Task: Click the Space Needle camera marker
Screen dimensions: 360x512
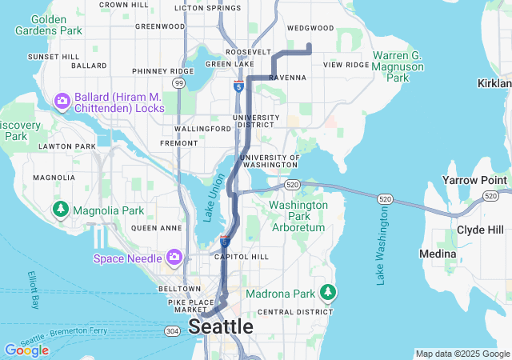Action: coord(174,257)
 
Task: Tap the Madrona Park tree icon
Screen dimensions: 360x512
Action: coord(326,292)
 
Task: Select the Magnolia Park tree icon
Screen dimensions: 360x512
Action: coord(60,210)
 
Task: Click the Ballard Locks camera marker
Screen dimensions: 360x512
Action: coord(62,102)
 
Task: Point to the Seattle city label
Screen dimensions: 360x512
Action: coord(221,327)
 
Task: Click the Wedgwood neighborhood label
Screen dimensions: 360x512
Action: coord(310,28)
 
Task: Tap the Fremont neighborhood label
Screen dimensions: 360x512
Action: coord(179,143)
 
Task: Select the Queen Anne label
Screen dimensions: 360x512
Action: coord(154,228)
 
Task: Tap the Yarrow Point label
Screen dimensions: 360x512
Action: coord(474,181)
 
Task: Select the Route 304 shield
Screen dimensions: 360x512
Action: coord(171,330)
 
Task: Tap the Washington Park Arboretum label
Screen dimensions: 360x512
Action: coord(298,216)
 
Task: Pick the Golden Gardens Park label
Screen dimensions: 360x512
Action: coord(48,24)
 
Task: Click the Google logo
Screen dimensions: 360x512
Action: coord(26,350)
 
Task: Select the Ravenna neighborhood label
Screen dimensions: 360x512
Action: coord(288,78)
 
